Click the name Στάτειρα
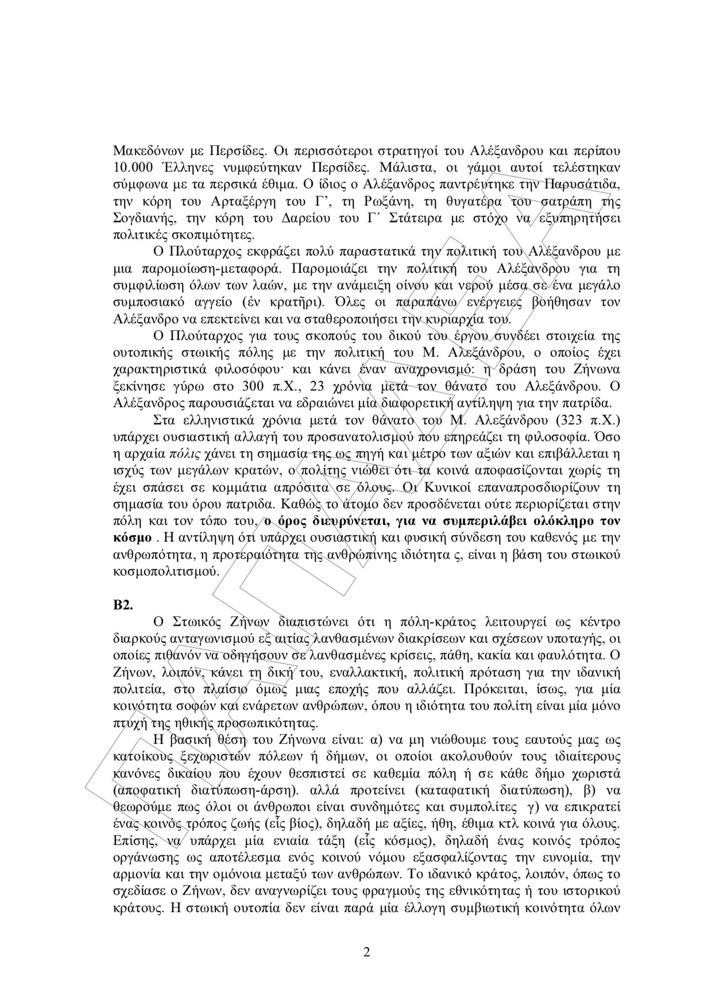[x=415, y=218]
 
